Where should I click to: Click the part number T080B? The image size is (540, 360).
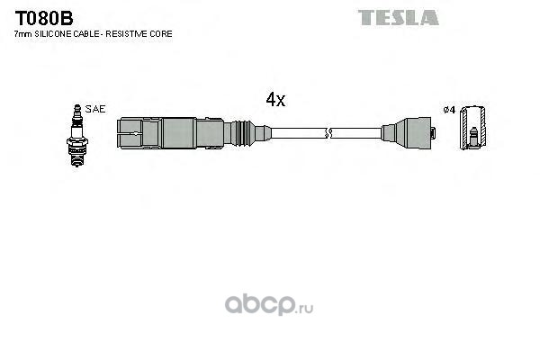(44, 18)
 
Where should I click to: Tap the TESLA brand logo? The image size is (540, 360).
(398, 18)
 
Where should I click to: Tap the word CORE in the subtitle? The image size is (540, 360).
(161, 34)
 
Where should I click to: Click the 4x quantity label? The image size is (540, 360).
(275, 100)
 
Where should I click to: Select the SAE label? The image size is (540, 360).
(95, 109)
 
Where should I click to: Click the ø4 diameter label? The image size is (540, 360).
(449, 110)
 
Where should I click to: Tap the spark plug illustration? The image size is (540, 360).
(77, 135)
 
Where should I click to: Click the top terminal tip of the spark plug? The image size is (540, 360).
(77, 107)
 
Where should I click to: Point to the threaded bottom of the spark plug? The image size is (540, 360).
(76, 159)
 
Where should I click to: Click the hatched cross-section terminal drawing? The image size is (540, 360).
(473, 128)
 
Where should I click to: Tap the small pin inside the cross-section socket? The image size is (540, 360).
(474, 136)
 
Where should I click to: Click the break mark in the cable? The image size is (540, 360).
(328, 133)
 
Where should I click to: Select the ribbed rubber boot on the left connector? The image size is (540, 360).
(243, 133)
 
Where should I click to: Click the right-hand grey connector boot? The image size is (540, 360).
(407, 133)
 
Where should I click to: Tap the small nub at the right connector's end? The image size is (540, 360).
(434, 133)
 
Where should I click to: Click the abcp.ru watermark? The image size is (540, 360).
(269, 305)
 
